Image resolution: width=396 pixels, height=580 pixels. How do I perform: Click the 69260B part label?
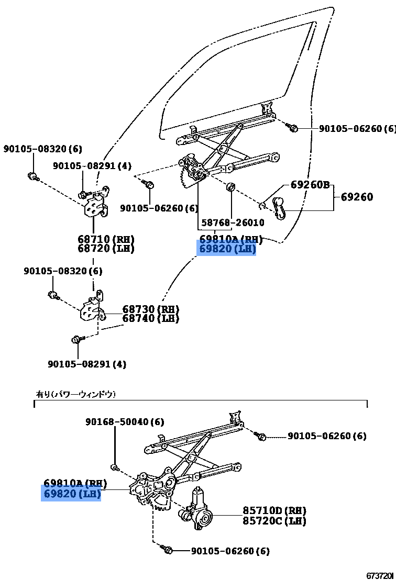coord(310,185)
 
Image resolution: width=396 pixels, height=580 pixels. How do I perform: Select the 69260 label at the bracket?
coord(357,197)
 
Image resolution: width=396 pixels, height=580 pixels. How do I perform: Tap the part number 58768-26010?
coord(233,222)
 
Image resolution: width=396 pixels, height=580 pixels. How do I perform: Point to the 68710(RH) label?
coord(106,239)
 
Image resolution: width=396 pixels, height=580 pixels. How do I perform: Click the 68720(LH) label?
coord(106,249)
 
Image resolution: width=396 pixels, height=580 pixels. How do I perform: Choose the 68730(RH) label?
coord(151,309)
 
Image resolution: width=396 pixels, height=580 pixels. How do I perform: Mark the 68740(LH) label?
coord(151,318)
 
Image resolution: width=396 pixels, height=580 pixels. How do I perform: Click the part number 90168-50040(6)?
coord(125,422)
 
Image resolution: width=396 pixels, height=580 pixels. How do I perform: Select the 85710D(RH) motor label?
coord(274,510)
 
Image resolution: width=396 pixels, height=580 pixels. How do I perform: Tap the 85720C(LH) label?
coord(274,521)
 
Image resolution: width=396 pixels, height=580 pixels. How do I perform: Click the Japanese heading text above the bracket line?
coord(75,394)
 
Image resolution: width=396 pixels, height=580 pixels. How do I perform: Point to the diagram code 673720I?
coord(380,575)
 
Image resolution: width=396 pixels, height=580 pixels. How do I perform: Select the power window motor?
coord(197,510)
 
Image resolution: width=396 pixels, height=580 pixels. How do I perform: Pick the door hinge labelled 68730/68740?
coord(92,310)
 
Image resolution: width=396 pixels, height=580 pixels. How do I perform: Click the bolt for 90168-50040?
coord(114,467)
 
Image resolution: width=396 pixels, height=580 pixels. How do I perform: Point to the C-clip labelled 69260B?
coord(264,204)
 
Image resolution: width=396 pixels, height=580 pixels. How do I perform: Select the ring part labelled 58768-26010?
coord(230,187)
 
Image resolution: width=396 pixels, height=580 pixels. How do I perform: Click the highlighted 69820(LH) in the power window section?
coord(71,494)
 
